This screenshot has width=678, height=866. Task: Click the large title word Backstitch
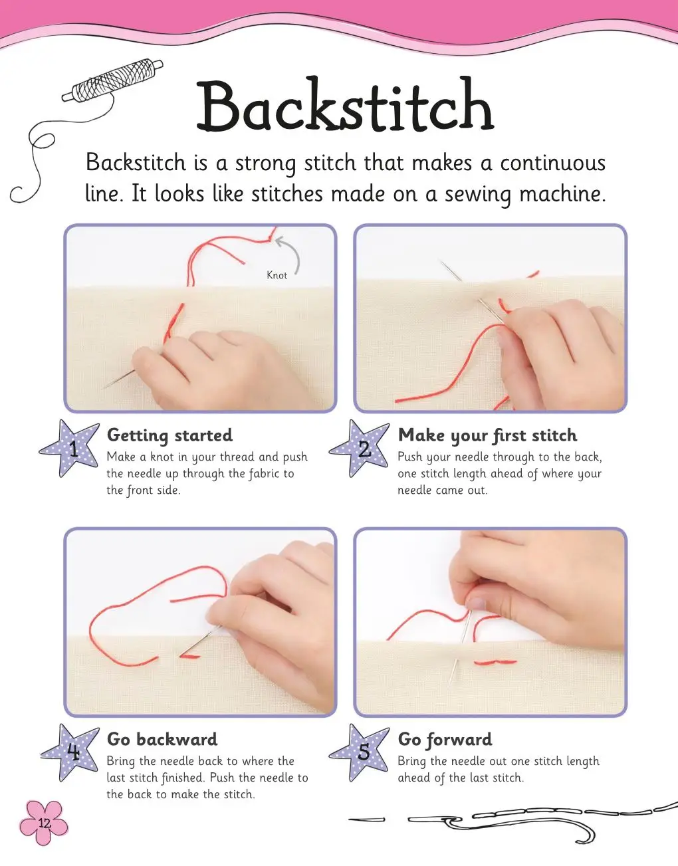pos(345,105)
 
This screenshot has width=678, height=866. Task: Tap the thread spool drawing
pos(112,81)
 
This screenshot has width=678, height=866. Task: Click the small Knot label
pos(277,275)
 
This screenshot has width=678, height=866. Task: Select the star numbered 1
pos(70,449)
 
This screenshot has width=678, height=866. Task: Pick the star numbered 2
pos(360,449)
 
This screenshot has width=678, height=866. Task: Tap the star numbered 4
pos(70,753)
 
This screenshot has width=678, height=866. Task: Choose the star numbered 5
pos(360,753)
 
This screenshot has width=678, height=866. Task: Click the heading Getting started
pos(169,435)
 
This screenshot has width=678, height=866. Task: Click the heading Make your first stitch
pos(487,435)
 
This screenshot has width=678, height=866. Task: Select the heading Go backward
pos(162,740)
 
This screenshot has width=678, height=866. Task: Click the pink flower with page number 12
pos(44,823)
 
